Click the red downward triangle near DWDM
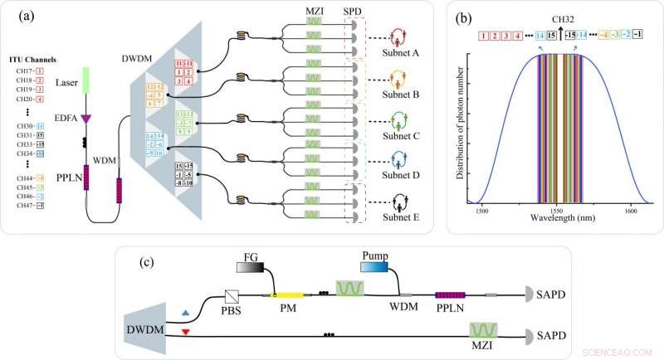185,332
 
